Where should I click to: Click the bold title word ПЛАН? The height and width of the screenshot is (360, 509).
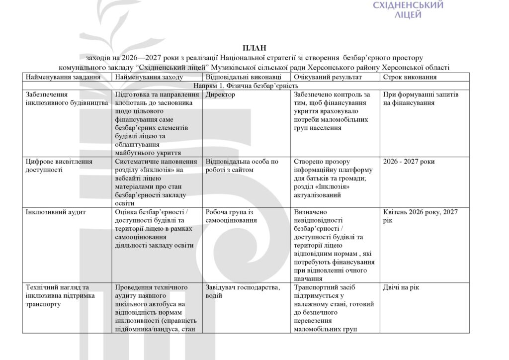[x=254, y=48]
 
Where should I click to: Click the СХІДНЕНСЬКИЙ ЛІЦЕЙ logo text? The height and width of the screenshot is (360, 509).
[x=408, y=9]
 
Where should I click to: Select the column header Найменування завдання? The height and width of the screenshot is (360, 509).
[x=63, y=77]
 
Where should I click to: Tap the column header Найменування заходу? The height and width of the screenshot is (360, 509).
[x=149, y=77]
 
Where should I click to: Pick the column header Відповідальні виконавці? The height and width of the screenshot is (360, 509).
[x=243, y=77]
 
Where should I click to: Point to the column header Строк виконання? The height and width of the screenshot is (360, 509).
[x=410, y=77]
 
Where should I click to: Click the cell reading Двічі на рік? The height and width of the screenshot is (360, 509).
[x=401, y=287]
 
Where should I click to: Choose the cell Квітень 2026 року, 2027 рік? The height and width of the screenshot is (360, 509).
[x=421, y=216]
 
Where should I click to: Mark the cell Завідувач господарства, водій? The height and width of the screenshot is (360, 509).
[x=242, y=291]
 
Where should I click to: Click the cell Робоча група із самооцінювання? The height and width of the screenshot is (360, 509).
[x=230, y=216]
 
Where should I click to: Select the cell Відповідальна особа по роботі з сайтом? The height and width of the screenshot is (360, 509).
[x=242, y=166]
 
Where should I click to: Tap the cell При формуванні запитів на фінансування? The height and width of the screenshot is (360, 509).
[x=421, y=98]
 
